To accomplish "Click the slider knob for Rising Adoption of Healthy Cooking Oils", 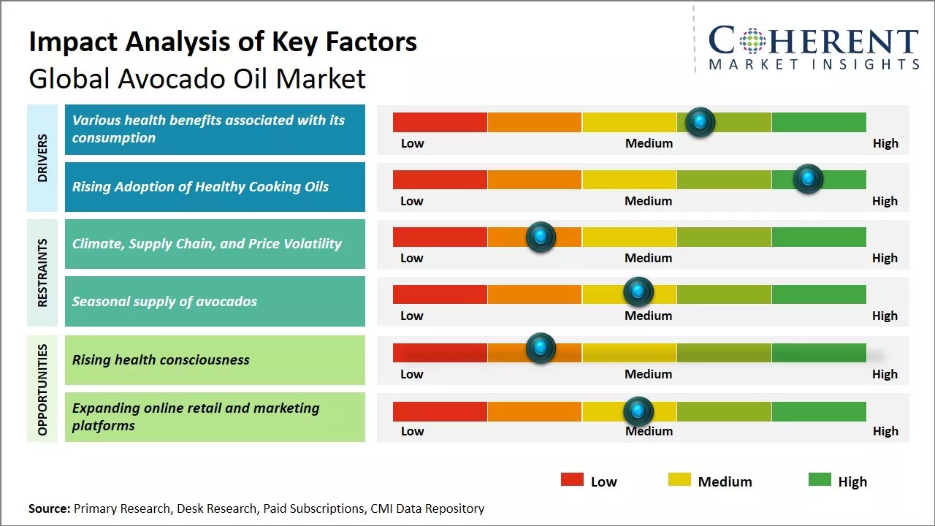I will point(808,179).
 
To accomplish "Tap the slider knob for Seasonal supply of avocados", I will point(638,292).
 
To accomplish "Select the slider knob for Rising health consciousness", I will point(541,348).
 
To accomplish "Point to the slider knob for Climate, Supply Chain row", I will point(541,237).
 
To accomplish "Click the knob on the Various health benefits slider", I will point(700,122).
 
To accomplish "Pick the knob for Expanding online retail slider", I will point(638,411).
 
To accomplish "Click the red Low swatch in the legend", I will point(572,480).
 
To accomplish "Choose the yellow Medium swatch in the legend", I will point(679,480).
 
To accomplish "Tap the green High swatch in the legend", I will point(820,480).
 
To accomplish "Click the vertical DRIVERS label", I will point(42,157).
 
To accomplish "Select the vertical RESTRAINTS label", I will point(42,272).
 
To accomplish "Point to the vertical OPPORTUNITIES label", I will point(42,389).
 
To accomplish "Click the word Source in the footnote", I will point(49,508).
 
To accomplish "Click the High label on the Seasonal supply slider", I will point(885,316).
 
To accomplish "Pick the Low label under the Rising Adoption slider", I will point(412,201).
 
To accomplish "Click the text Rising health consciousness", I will point(161,359).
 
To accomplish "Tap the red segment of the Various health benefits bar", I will point(440,122).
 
